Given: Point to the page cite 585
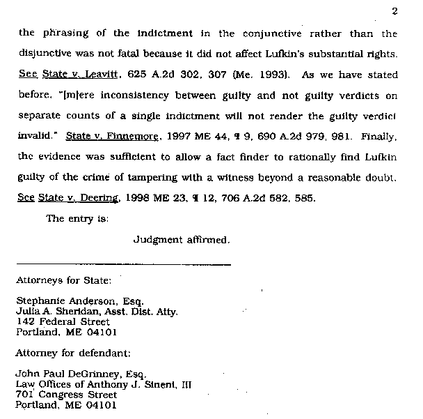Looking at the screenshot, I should pyautogui.click(x=304, y=199).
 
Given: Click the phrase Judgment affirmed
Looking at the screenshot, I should pyautogui.click(x=181, y=240).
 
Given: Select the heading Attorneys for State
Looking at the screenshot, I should pyautogui.click(x=63, y=281).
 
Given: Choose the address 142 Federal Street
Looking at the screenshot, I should pyautogui.click(x=63, y=322).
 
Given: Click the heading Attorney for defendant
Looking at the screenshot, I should pyautogui.click(x=73, y=353).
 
